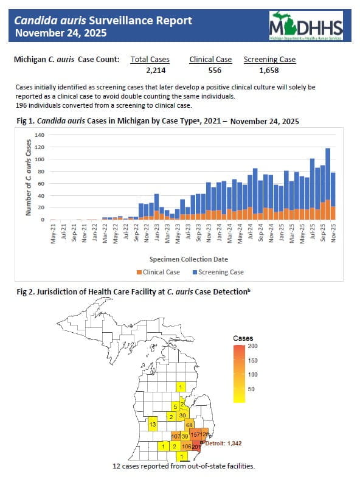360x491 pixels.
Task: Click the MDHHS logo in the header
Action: click(x=306, y=26)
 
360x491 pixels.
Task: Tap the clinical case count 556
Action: click(x=210, y=71)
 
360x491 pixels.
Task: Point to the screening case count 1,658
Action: click(x=269, y=71)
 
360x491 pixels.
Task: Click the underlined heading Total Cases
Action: click(x=150, y=60)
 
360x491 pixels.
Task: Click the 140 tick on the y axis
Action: click(x=40, y=134)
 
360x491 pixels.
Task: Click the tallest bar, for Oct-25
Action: click(x=328, y=183)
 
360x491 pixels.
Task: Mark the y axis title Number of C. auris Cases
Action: click(x=28, y=176)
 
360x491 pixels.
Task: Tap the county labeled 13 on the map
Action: click(x=153, y=423)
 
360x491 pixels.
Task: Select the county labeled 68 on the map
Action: click(x=189, y=424)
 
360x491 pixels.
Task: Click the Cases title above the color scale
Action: click(x=243, y=337)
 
